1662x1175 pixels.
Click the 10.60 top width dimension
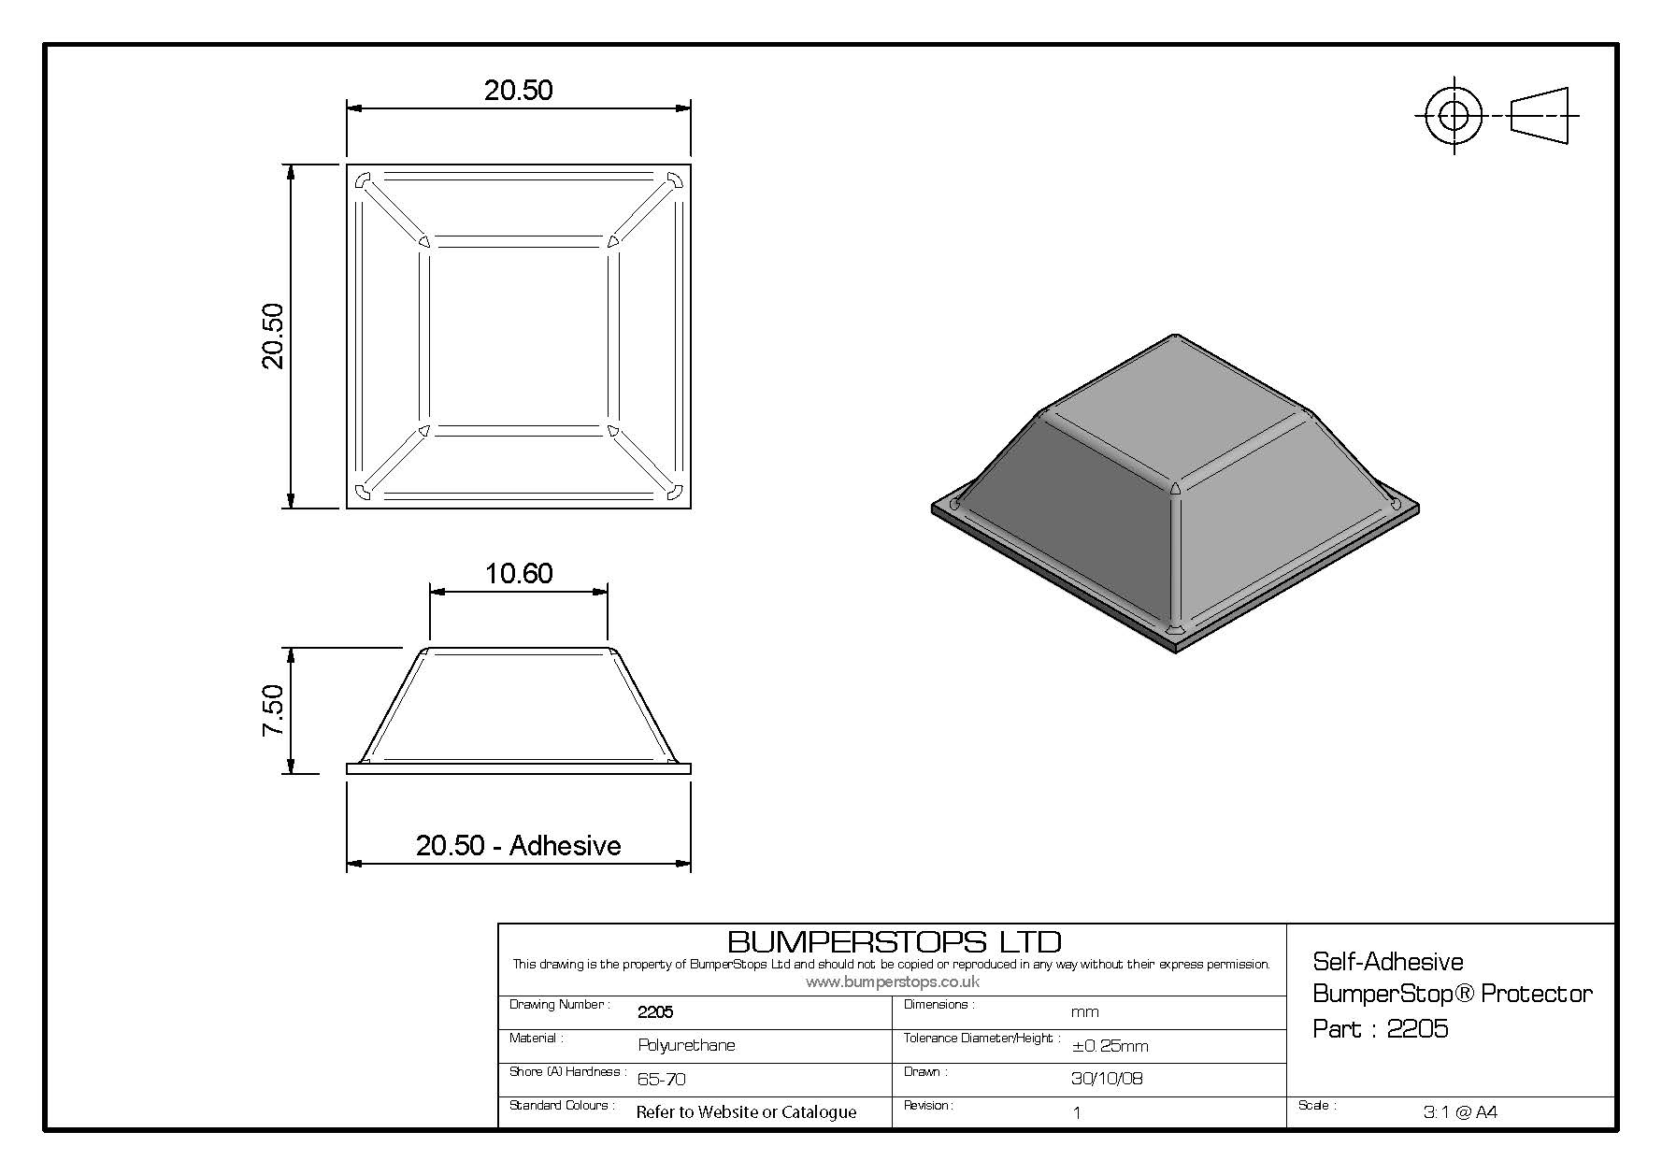click(519, 573)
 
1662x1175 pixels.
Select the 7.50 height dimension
click(273, 710)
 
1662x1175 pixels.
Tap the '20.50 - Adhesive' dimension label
click(519, 845)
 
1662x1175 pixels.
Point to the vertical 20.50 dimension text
click(273, 337)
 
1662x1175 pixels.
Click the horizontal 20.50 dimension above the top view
click(519, 90)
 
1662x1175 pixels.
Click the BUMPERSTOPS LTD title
click(894, 940)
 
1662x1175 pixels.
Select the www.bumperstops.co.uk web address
click(893, 982)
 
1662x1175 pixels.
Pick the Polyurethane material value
click(686, 1045)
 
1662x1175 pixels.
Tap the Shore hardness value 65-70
click(661, 1079)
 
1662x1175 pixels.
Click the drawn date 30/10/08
click(1107, 1078)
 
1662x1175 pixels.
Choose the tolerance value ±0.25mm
click(1110, 1046)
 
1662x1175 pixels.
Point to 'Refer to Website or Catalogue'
click(746, 1112)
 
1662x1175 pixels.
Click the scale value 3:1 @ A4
click(1460, 1111)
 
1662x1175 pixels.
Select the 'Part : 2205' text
click(1381, 1029)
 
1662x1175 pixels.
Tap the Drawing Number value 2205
click(655, 1011)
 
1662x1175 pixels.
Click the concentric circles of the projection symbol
click(1454, 117)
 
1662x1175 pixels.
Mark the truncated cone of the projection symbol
click(1539, 117)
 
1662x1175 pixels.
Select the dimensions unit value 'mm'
click(1084, 1011)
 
